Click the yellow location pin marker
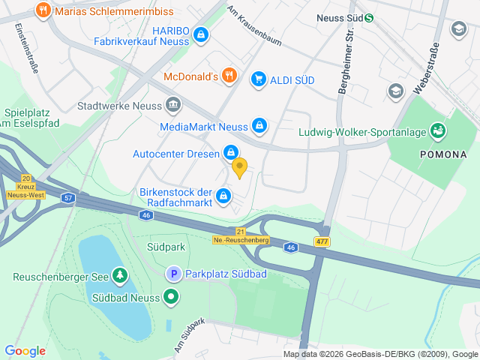click(239, 167)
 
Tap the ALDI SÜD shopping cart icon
click(259, 78)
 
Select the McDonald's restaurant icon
click(229, 76)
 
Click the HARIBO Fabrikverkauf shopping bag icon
click(200, 34)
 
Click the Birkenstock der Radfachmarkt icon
click(223, 196)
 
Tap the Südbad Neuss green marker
click(172, 297)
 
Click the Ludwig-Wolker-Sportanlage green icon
click(438, 132)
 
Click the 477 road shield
click(322, 241)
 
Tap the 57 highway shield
click(68, 198)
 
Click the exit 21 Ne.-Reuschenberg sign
click(240, 235)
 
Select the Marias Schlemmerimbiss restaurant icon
click(42, 10)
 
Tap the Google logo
click(25, 350)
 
